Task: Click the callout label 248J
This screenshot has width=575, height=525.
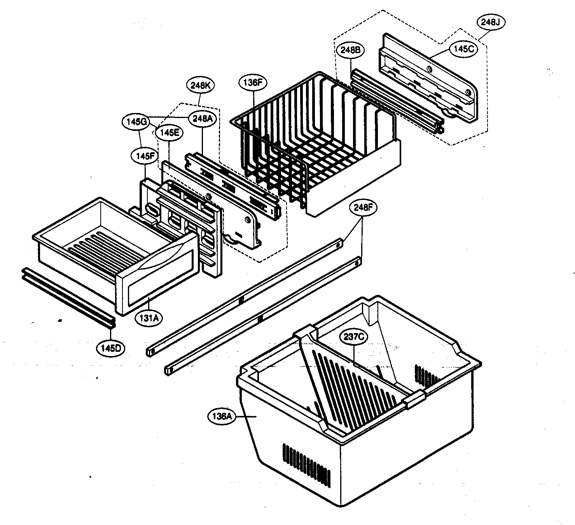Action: tap(491, 23)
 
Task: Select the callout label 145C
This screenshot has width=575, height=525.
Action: tap(463, 49)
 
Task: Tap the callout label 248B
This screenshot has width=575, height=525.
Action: tap(353, 50)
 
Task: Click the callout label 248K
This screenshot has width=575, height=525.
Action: tap(201, 85)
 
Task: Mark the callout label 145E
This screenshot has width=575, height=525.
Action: tap(168, 132)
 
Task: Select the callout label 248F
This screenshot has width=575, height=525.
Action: tap(363, 208)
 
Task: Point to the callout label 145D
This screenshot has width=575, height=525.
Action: tap(111, 348)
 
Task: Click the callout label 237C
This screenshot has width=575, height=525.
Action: tap(353, 337)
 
